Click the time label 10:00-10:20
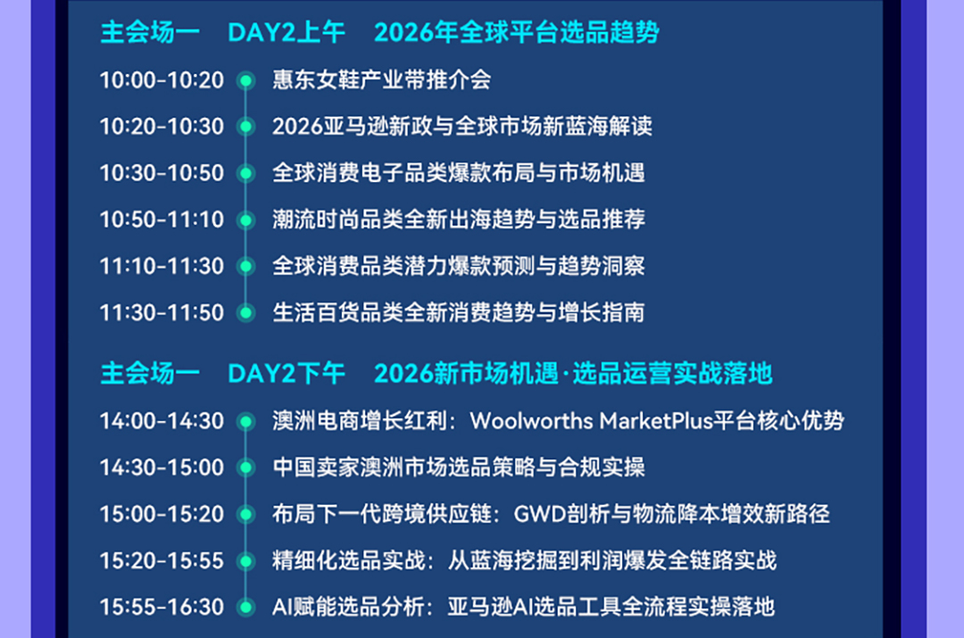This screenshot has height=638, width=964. point(162,80)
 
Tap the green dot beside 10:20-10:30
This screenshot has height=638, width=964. point(246,127)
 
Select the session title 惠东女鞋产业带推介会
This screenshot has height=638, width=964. point(382,80)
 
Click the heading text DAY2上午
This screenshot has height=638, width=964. point(286,33)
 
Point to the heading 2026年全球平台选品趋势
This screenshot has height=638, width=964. point(517,33)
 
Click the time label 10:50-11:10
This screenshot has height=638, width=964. point(162,220)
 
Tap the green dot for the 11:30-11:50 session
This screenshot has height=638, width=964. point(246,313)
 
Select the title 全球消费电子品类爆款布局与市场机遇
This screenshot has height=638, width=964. point(459,173)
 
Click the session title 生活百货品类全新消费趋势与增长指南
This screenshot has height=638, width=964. point(459,313)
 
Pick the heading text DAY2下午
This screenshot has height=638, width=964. point(286,374)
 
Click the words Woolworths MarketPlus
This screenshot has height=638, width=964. point(592,421)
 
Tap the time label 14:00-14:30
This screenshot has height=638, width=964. point(162,422)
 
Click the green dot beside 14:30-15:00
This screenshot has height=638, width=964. point(246,468)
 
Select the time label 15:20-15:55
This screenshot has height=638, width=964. point(162,561)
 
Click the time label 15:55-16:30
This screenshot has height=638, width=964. point(162,608)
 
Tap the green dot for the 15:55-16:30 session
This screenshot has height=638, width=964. point(246,608)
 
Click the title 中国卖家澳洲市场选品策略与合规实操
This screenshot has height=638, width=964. point(459,468)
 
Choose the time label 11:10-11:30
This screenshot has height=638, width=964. point(162,267)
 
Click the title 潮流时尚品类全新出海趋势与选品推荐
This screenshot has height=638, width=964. point(459,220)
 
